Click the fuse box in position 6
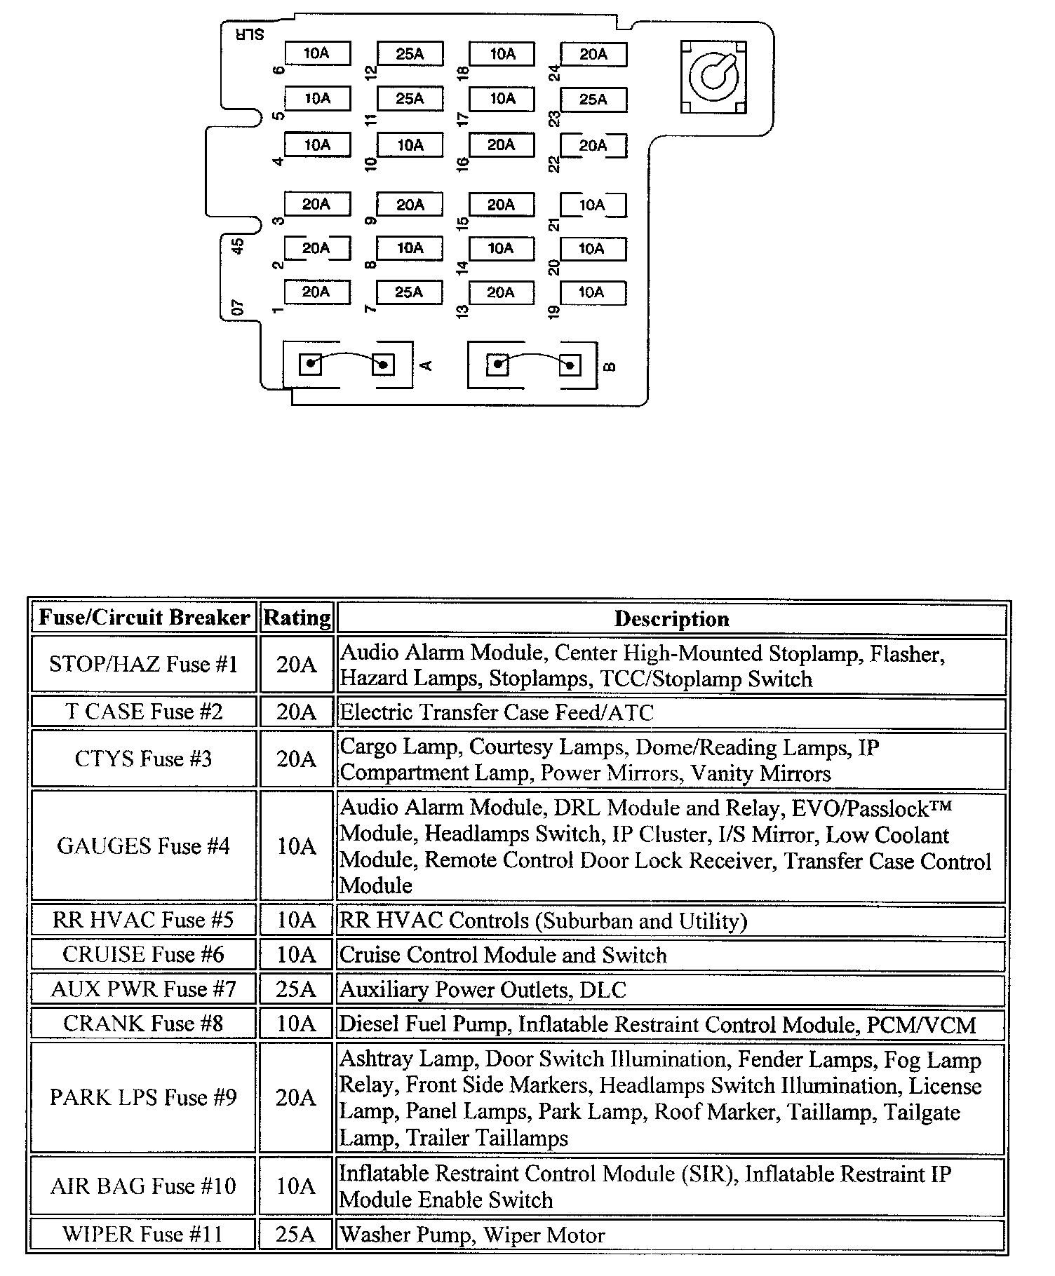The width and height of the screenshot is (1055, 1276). coord(317,53)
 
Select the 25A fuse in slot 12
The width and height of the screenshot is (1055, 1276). coord(410,53)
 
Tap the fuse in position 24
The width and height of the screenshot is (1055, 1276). coord(593,54)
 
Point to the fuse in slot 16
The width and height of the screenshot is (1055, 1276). coord(501,145)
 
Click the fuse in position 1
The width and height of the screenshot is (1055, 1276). coord(316,292)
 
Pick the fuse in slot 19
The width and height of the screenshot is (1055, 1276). coord(592,292)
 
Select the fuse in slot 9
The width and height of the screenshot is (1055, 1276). coord(410,205)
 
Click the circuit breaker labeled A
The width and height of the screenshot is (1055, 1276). coord(347,365)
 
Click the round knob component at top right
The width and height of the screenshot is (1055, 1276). coord(713,76)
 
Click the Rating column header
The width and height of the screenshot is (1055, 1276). coord(297,618)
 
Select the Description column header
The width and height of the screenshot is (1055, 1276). coord(671,619)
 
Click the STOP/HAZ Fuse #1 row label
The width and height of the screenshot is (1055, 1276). coord(144,664)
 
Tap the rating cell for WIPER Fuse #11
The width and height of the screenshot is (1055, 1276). coord(296,1235)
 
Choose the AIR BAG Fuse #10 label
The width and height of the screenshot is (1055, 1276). coord(144,1186)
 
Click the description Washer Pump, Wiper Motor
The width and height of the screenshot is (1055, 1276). coord(472,1235)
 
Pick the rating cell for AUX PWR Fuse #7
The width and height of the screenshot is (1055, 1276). coord(296,989)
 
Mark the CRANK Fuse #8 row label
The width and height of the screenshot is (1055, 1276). coord(144,1024)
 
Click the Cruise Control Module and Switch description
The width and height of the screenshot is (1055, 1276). coord(503,955)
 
